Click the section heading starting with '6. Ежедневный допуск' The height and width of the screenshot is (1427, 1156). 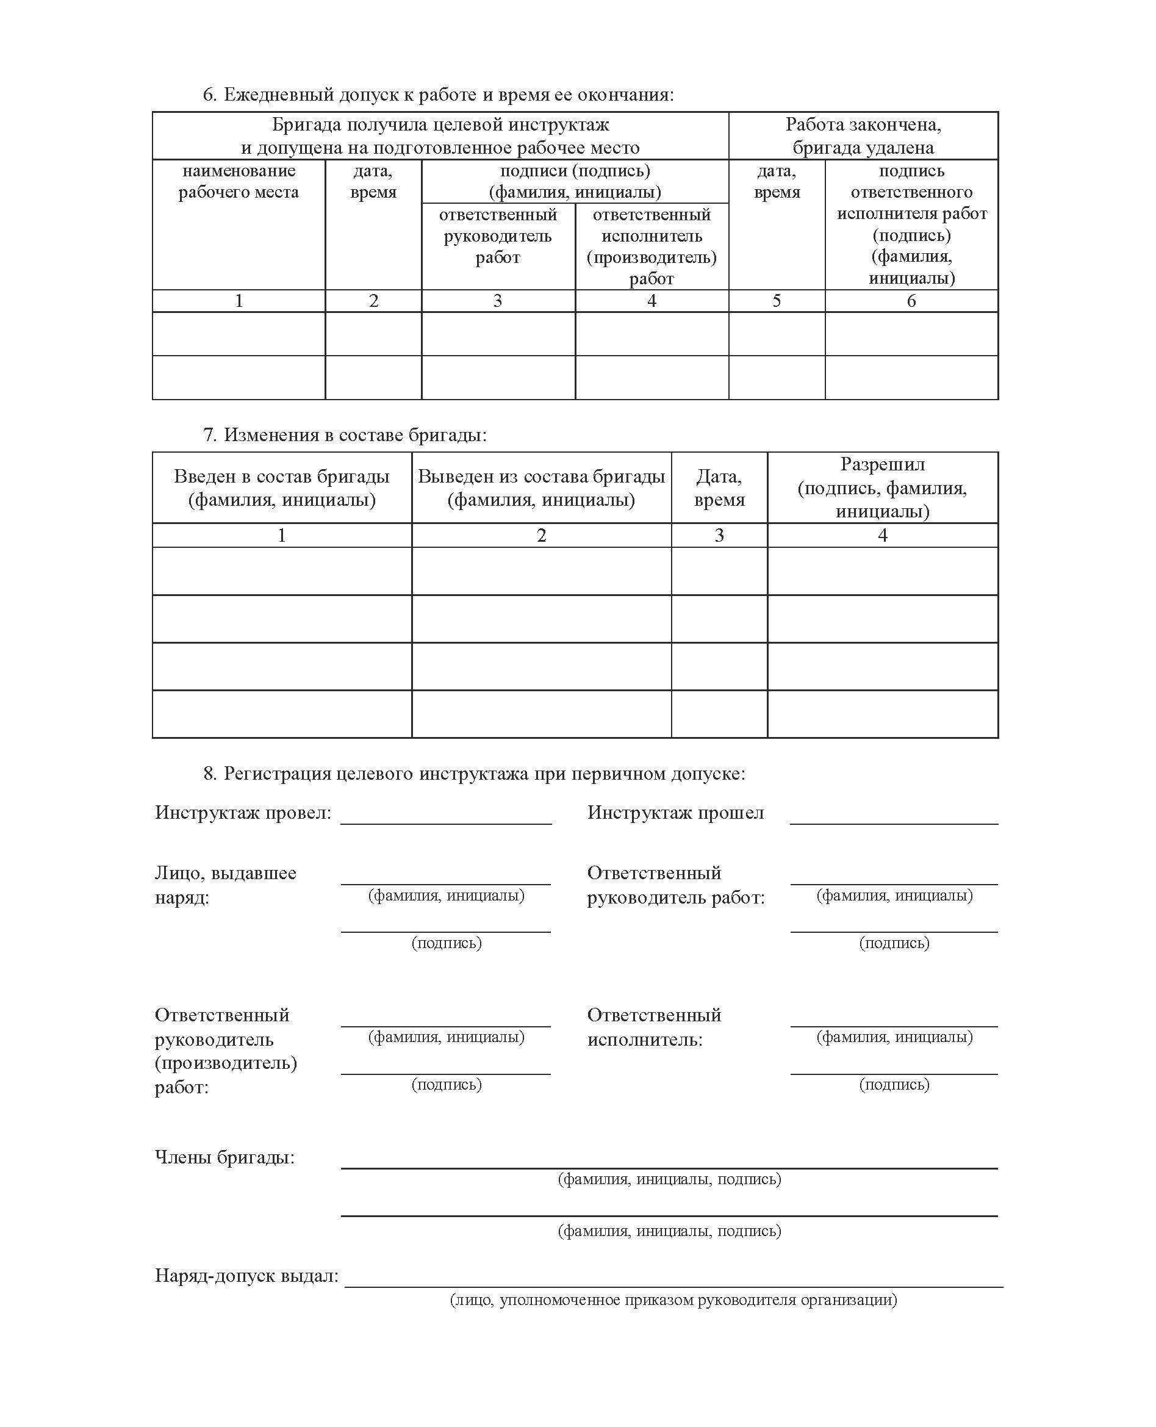pos(438,95)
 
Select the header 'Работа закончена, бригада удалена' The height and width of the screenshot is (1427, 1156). pos(863,136)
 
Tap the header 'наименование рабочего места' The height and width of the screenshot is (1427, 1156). pos(239,182)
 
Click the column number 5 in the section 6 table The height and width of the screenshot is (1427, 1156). pos(777,301)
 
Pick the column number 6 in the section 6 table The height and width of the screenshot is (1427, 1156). pos(911,301)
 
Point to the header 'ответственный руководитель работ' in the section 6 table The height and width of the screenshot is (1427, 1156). pos(498,236)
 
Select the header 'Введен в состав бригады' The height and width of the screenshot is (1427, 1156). pos(282,488)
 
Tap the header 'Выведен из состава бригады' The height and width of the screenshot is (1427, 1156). pos(541,488)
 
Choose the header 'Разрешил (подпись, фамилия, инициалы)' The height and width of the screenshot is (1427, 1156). pos(882,487)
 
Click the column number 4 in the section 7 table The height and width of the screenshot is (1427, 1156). pos(882,536)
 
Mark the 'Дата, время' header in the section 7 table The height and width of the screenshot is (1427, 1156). pos(719,488)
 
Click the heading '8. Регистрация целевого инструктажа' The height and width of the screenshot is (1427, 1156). pos(474,773)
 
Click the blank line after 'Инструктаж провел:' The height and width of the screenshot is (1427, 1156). pos(446,819)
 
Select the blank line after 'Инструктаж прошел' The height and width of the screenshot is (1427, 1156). pos(894,819)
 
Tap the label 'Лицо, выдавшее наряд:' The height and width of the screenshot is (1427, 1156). pos(225,885)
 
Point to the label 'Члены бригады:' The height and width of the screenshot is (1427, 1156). pos(224,1157)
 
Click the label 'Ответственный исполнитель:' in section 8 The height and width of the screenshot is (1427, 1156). pos(654,1027)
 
